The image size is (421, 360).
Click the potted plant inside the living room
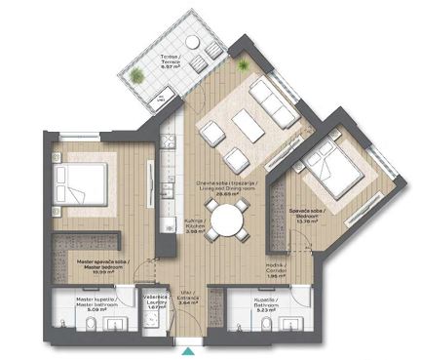243,63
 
